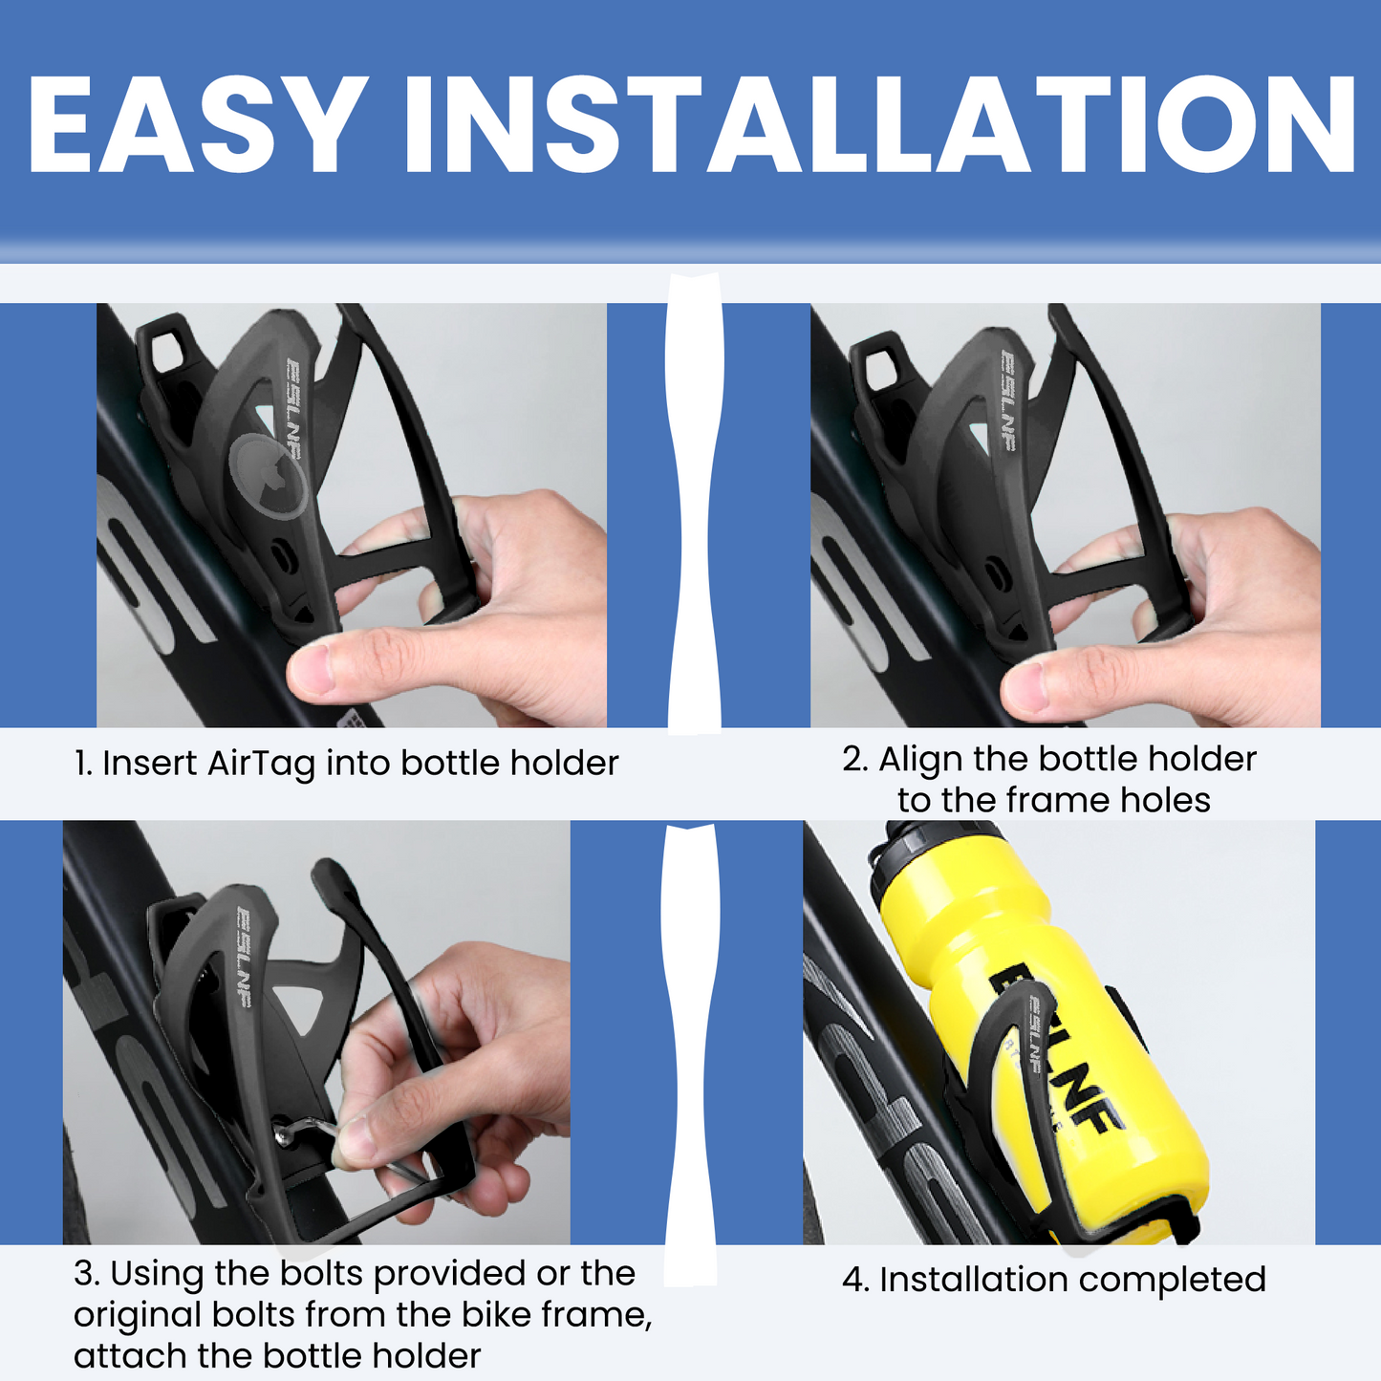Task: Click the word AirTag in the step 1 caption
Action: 261,764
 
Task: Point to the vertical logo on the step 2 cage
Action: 1007,400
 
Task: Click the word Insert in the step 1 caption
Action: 149,764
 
